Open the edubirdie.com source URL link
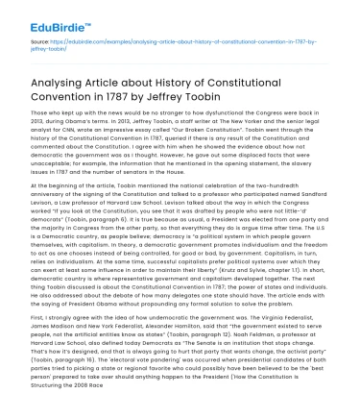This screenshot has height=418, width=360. [x=163, y=45]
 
